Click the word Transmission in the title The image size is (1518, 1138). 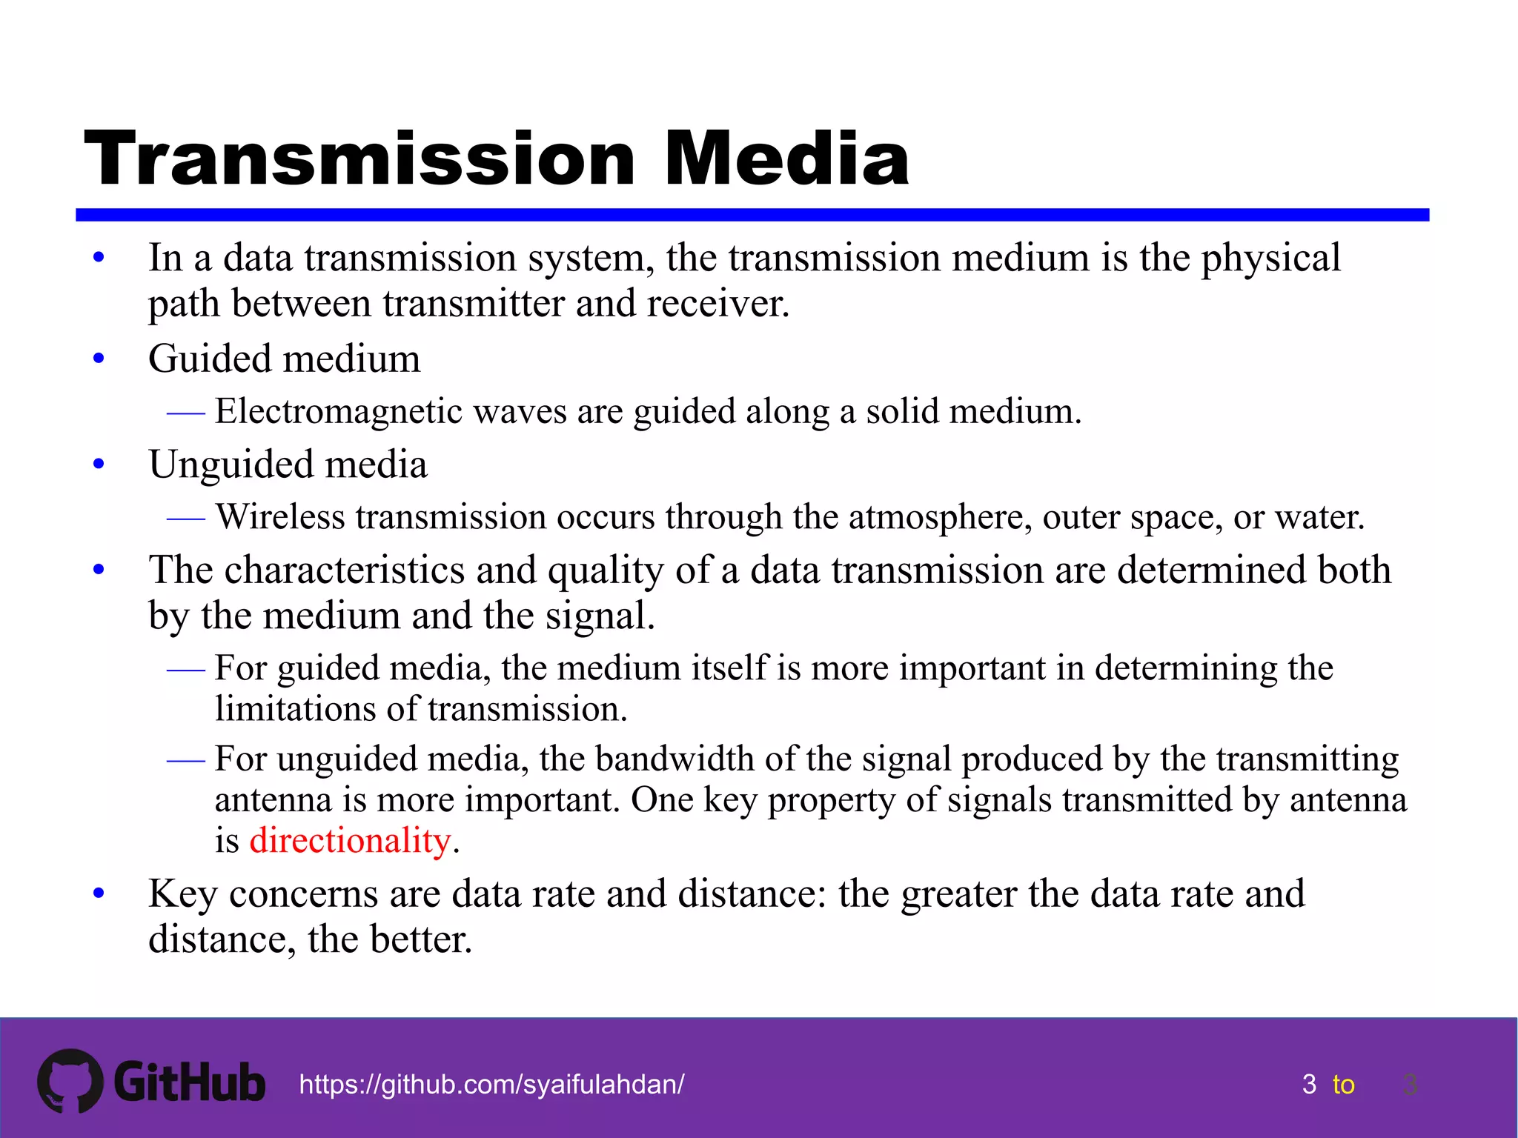pos(360,159)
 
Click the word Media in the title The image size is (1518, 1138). pos(786,159)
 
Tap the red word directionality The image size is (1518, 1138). pos(350,841)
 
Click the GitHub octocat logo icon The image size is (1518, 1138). pos(70,1081)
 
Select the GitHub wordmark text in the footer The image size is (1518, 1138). pos(190,1082)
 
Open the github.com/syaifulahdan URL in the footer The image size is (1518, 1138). pos(491,1085)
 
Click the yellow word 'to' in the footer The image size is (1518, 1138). pos(1343,1085)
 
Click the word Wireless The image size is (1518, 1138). pos(280,516)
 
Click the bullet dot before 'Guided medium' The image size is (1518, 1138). pos(99,360)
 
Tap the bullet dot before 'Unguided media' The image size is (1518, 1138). pos(99,465)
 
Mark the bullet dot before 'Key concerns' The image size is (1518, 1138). pos(99,894)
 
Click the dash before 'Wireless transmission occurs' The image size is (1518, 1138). pos(185,518)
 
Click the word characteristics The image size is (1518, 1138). pos(344,570)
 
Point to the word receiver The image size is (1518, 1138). pos(716,304)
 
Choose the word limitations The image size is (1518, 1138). pos(295,709)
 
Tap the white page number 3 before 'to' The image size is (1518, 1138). pos(1309,1085)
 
